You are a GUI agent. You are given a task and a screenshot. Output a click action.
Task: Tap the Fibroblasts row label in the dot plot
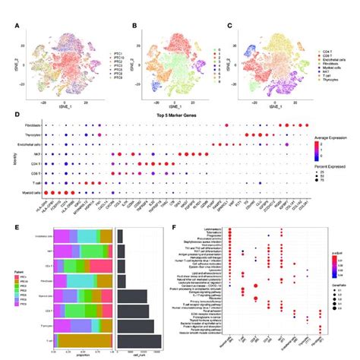click(32, 123)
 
